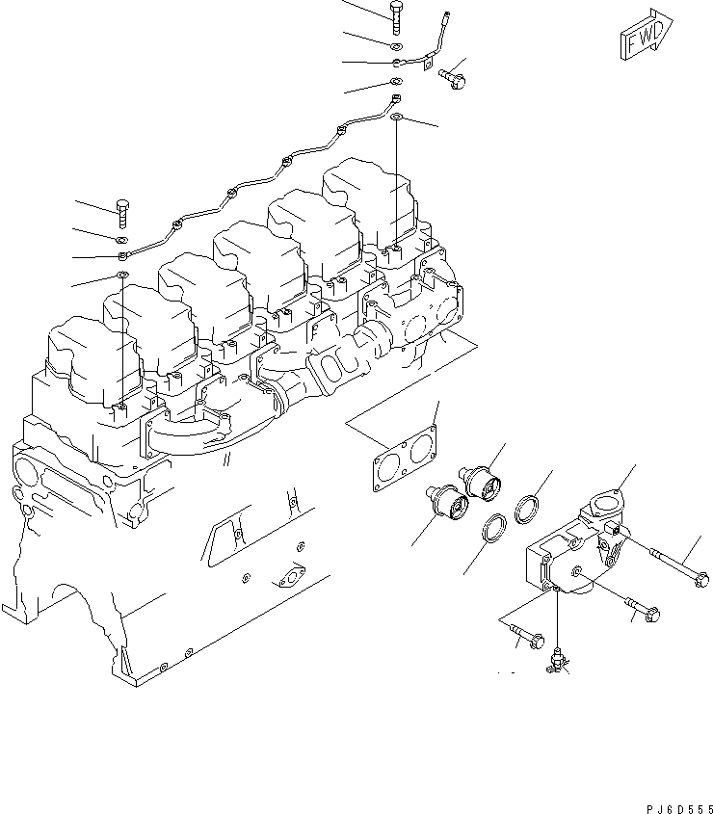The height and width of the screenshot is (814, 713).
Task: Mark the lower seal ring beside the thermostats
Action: click(494, 529)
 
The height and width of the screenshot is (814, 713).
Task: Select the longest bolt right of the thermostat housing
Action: click(678, 567)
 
